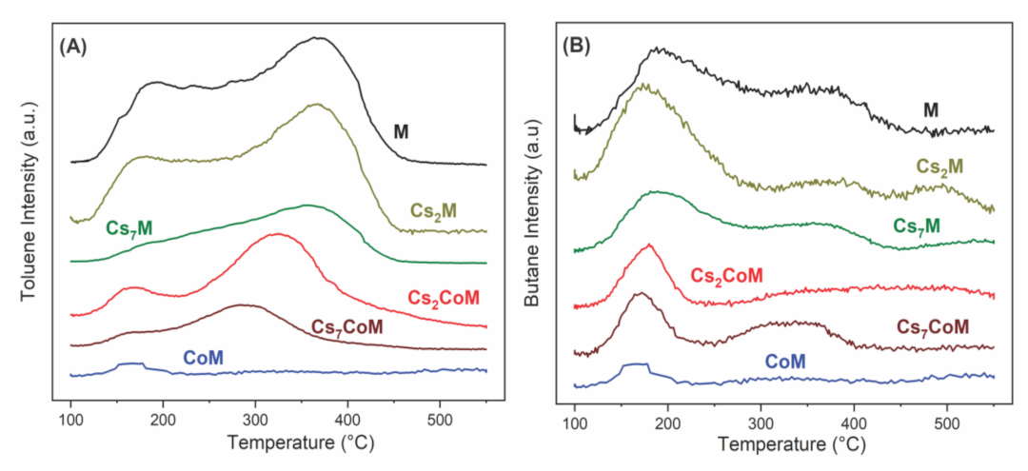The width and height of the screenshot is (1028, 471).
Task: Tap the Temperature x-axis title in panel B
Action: pos(784,444)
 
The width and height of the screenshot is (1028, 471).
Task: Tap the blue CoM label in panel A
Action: pos(204,358)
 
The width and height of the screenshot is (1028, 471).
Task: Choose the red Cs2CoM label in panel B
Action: pos(726,276)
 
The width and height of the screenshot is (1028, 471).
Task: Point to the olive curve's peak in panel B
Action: pos(645,85)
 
